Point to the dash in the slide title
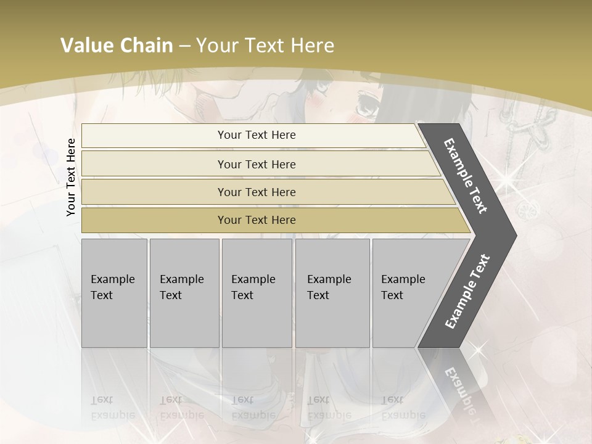click(184, 46)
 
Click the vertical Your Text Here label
click(71, 177)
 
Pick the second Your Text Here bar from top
click(256, 164)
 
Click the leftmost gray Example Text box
click(114, 293)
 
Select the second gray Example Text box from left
click(184, 293)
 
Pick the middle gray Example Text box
click(257, 293)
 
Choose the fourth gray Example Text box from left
click(332, 293)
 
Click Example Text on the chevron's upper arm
click(466, 176)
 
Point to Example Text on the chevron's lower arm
click(467, 291)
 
